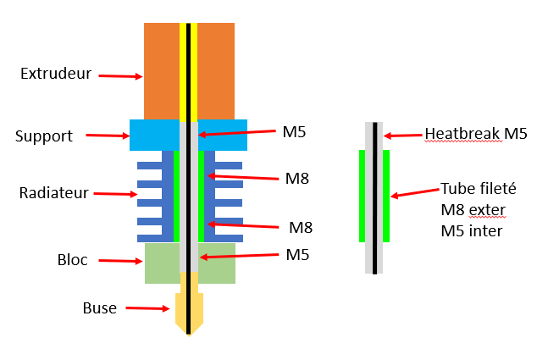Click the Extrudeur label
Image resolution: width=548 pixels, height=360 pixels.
coord(55,75)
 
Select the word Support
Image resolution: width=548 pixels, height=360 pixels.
coord(44,136)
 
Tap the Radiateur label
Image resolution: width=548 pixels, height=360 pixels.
coord(54,193)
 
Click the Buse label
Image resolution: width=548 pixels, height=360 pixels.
coord(99,307)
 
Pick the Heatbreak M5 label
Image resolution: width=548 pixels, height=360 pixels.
coord(475,133)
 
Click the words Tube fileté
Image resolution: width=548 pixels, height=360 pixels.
coord(478,189)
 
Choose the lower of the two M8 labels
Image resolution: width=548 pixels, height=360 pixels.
coord(301,227)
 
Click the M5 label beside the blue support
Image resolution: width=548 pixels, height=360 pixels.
coord(293,132)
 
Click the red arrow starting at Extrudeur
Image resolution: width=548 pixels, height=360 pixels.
coord(120,76)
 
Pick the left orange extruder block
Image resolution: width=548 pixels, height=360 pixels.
coord(161,71)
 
